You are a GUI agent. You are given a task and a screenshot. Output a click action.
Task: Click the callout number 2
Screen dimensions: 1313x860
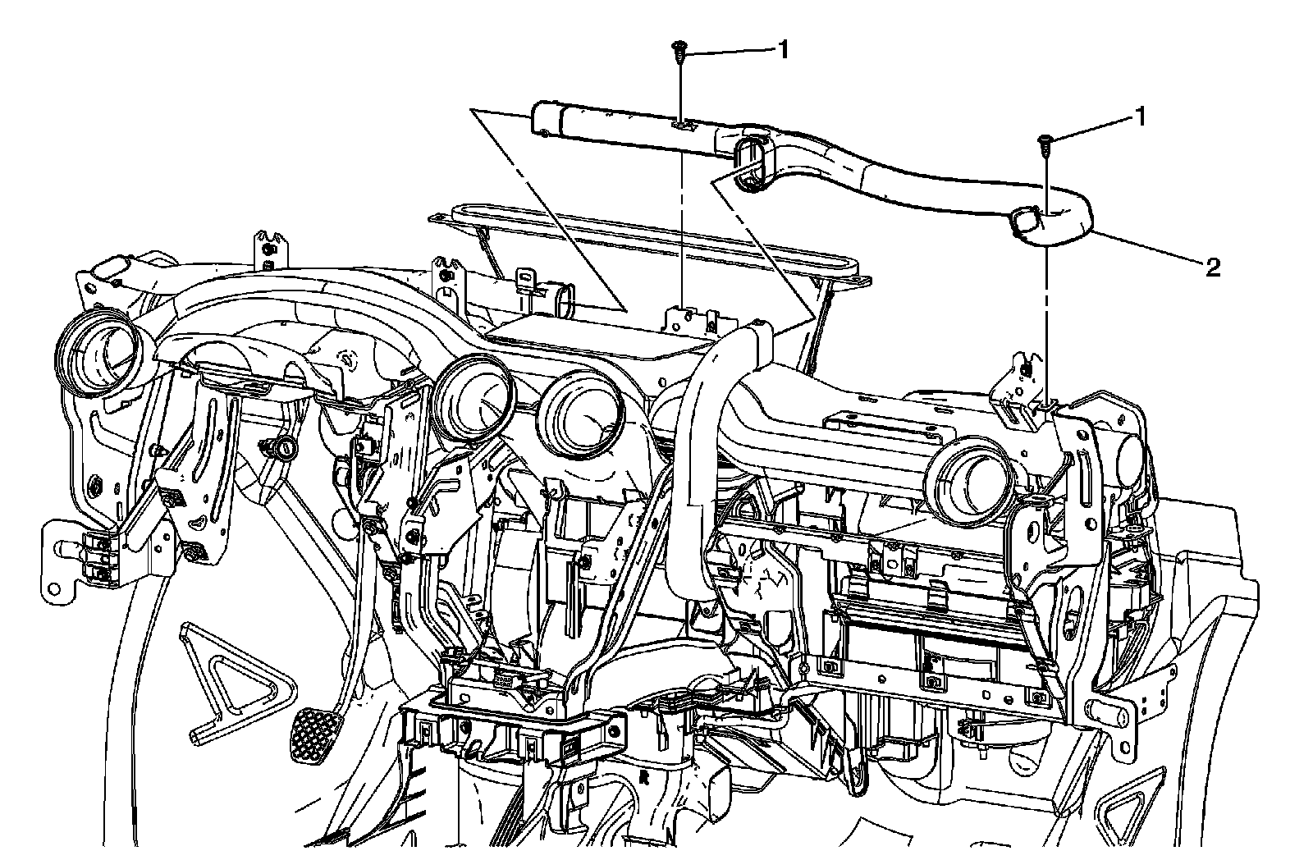point(1211,267)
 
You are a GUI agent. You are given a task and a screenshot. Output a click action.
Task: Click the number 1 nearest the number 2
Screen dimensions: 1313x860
point(1139,117)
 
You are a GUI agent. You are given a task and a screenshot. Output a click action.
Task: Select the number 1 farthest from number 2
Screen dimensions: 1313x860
point(783,50)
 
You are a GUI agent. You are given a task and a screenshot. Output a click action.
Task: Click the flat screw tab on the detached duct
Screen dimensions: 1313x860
point(682,126)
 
